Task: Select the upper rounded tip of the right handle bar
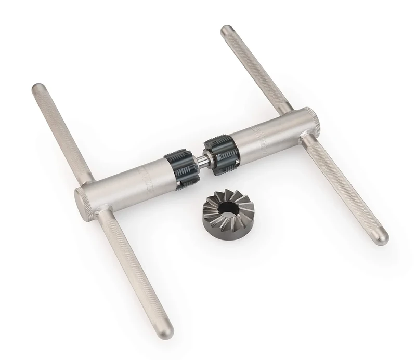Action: coord(226,30)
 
